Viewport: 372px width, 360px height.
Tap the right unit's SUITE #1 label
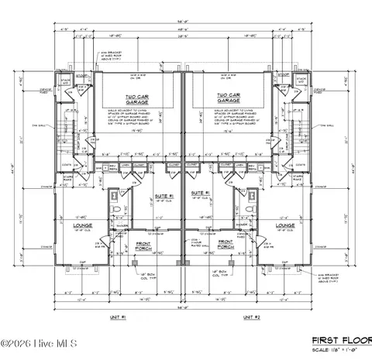click(201, 192)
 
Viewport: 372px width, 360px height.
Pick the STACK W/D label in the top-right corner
click(301, 79)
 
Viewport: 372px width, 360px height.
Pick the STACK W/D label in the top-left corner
click(66, 79)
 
